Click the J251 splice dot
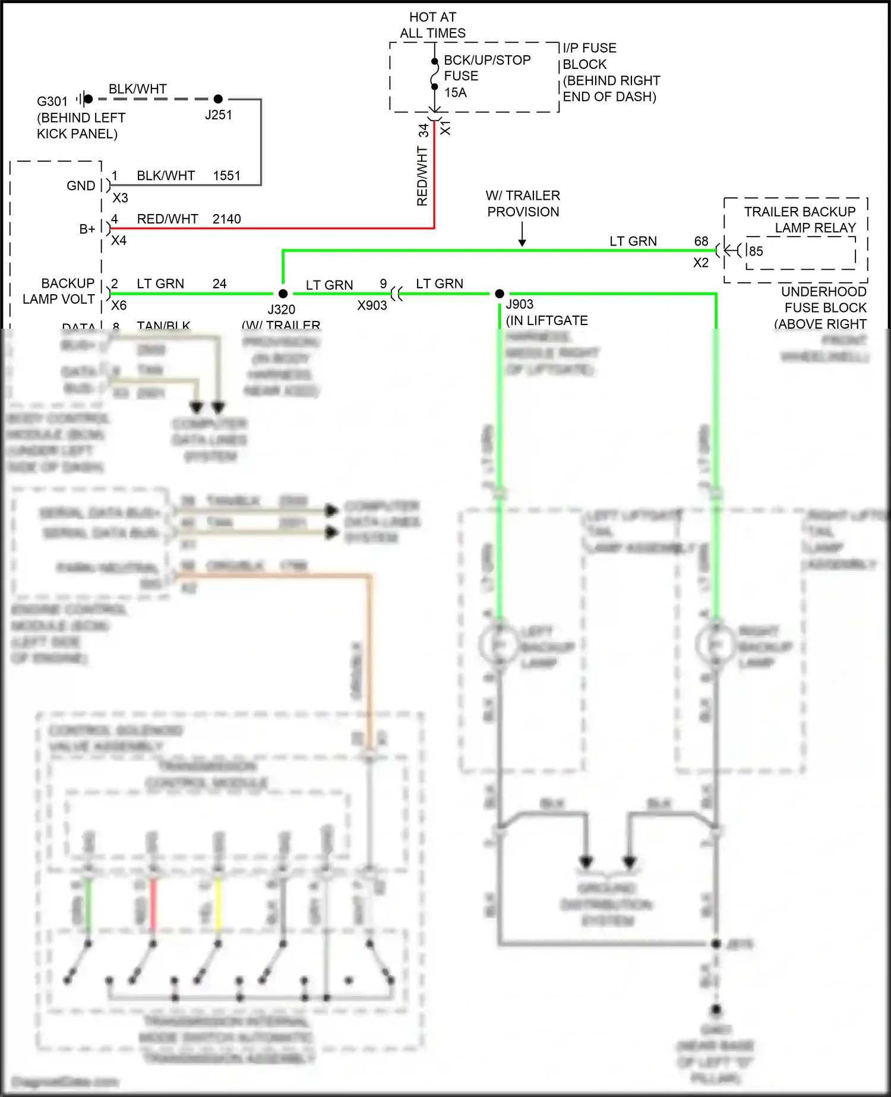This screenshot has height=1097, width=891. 218,99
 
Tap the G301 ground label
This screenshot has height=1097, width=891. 52,102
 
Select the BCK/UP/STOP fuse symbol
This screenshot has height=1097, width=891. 435,74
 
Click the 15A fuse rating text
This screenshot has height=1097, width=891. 456,93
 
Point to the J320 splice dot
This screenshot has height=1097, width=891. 283,294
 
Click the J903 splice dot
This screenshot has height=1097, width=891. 500,294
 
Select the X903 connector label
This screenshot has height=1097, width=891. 372,305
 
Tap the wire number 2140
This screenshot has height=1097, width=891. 226,219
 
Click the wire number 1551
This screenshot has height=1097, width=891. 226,176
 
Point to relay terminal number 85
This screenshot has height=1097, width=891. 756,251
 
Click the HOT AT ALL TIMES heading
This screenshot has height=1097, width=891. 432,25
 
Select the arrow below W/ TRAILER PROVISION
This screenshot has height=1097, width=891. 522,235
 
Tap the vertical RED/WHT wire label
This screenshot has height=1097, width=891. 422,176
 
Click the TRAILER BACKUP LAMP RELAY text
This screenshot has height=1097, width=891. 800,220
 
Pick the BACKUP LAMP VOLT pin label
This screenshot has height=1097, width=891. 59,291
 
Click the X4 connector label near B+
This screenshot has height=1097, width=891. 119,241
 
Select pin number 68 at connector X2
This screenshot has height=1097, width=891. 701,241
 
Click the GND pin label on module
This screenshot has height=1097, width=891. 81,186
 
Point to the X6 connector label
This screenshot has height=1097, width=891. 119,305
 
